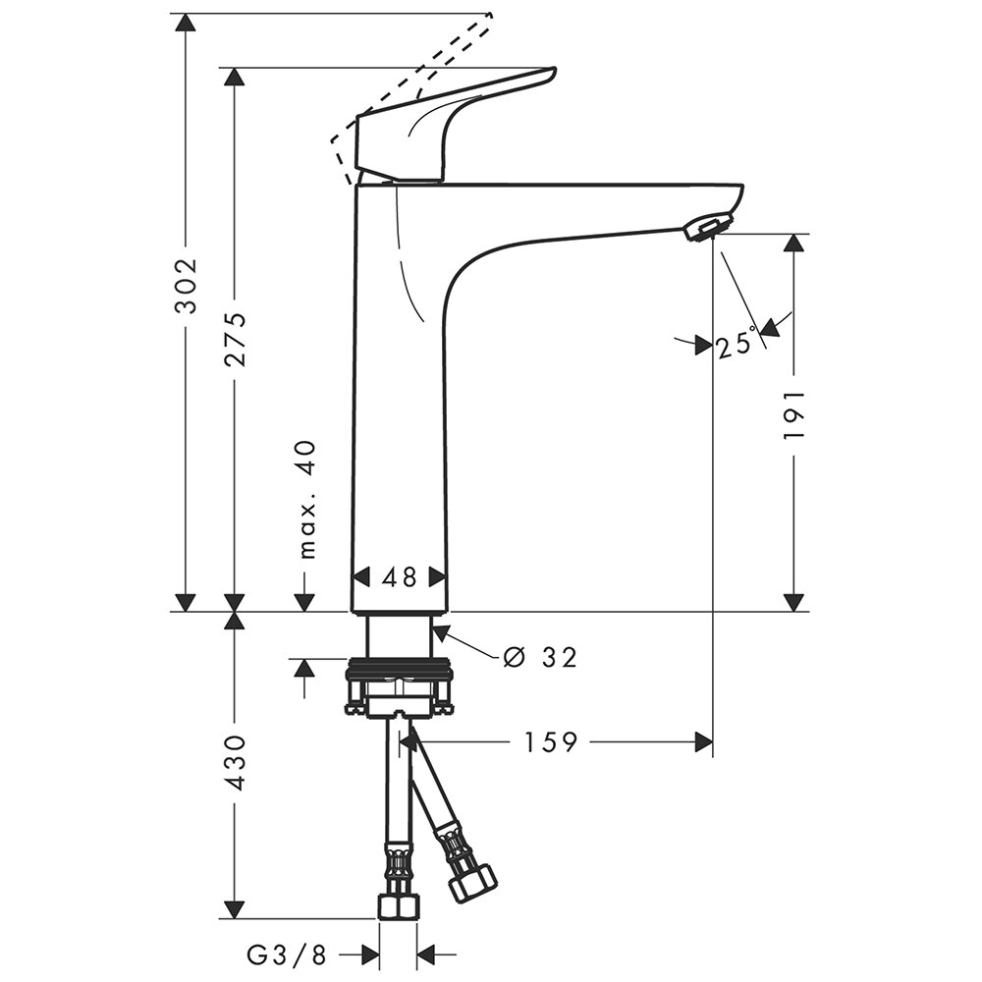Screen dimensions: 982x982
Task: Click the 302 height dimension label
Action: [186, 285]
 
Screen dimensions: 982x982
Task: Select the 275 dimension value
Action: [235, 339]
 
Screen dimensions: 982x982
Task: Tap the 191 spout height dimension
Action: [794, 412]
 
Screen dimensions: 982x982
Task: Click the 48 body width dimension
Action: [400, 576]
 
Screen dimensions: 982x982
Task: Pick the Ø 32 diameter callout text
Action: [539, 657]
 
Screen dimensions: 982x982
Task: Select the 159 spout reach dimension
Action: [549, 742]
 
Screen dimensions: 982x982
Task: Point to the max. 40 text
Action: [307, 499]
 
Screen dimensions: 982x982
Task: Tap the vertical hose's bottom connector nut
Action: [399, 905]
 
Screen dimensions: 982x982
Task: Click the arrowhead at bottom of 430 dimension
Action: [235, 909]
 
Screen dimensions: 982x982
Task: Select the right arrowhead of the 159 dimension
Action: [703, 742]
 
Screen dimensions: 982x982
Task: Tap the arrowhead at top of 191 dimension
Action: [794, 243]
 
